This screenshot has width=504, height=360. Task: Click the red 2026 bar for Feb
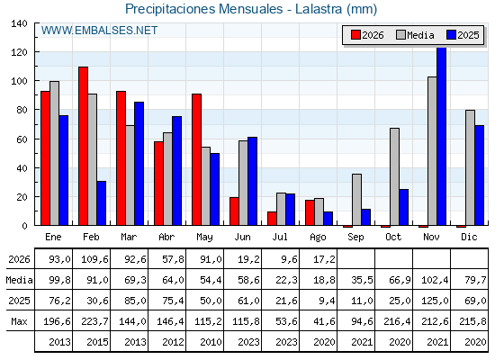coord(83,146)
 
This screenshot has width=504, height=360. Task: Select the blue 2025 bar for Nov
coord(441,136)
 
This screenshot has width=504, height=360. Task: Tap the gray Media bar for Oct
coord(394,176)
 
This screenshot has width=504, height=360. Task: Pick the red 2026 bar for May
coord(197,159)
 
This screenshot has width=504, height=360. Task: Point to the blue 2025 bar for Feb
coord(102,203)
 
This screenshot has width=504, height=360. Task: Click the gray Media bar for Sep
coord(356,200)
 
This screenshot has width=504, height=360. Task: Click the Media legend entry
coord(415,35)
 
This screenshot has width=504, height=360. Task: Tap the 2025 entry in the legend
coord(463,35)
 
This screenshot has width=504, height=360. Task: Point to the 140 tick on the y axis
coord(19,23)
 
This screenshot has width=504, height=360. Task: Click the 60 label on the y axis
coord(22,139)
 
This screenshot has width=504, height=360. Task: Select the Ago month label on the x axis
coord(318,238)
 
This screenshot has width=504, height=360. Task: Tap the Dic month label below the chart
coord(469,237)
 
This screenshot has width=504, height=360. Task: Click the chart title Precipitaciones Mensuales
coord(203,9)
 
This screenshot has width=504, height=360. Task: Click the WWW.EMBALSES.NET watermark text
coord(99,31)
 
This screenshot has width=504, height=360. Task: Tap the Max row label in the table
coord(19,321)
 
